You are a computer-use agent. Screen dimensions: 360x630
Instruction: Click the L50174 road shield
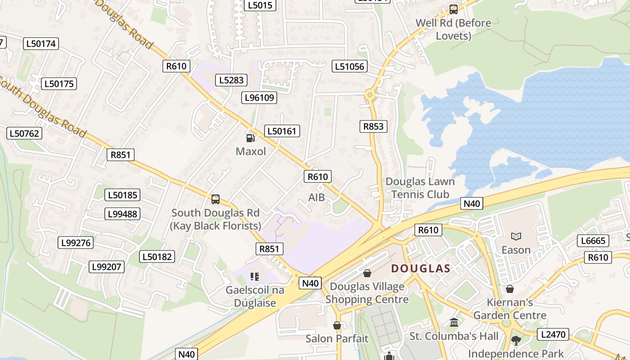pyautogui.click(x=41, y=44)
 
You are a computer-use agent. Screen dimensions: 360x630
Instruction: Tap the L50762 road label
pyautogui.click(x=25, y=133)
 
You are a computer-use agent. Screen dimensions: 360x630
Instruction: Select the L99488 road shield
pyautogui.click(x=123, y=214)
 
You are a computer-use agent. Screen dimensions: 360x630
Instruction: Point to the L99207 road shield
pyautogui.click(x=107, y=267)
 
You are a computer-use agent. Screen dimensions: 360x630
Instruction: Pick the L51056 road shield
pyautogui.click(x=350, y=67)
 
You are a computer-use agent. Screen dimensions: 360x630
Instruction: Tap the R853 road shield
pyautogui.click(x=373, y=126)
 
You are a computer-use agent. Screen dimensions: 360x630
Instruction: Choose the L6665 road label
pyautogui.click(x=593, y=241)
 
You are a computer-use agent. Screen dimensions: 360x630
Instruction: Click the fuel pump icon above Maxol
pyautogui.click(x=251, y=138)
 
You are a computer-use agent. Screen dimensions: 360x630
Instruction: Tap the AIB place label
pyautogui.click(x=316, y=197)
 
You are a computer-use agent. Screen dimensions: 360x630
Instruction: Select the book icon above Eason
pyautogui.click(x=516, y=236)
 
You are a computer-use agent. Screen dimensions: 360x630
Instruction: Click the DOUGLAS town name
pyautogui.click(x=420, y=269)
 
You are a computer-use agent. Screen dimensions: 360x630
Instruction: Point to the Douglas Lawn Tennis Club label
pyautogui.click(x=420, y=188)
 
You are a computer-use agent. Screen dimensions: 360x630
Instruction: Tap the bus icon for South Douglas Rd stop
pyautogui.click(x=216, y=199)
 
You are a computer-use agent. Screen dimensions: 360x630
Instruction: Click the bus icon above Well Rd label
pyautogui.click(x=454, y=9)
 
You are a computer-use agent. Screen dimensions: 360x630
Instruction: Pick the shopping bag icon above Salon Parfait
pyautogui.click(x=337, y=325)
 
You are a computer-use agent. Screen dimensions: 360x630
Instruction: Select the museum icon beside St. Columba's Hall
pyautogui.click(x=454, y=323)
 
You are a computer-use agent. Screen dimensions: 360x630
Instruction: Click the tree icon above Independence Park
pyautogui.click(x=516, y=341)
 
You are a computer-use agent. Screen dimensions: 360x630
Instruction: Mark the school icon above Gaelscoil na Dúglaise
pyautogui.click(x=255, y=277)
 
